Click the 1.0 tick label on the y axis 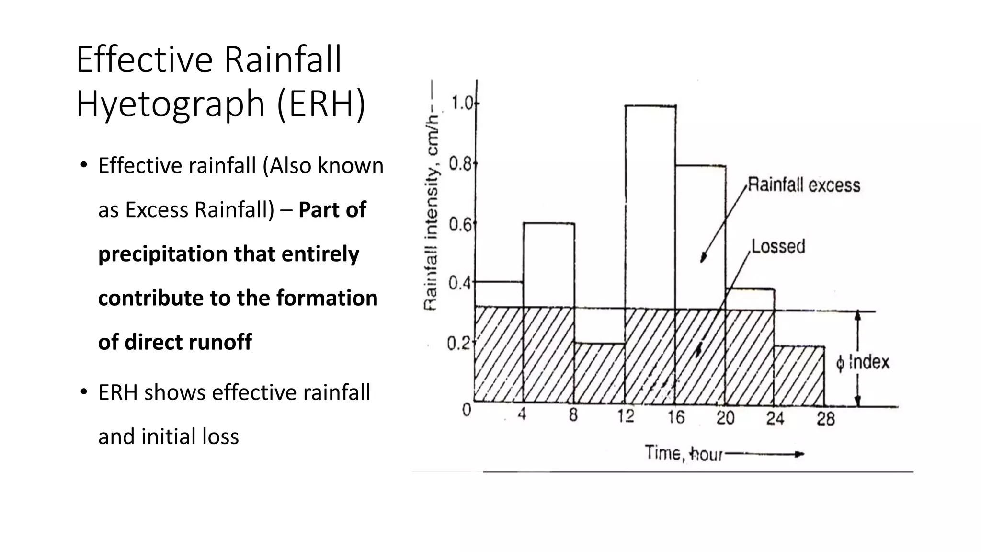tap(461, 103)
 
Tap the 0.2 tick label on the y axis tap(457, 343)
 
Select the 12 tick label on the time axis tap(625, 416)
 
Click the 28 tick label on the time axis tap(825, 419)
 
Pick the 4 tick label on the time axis tap(522, 414)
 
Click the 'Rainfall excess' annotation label tap(804, 185)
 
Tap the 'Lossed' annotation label tap(778, 246)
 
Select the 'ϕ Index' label tap(862, 363)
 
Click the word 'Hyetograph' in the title tap(171, 104)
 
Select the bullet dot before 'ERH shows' tap(84, 392)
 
